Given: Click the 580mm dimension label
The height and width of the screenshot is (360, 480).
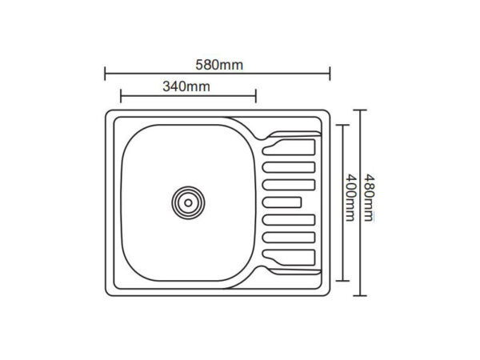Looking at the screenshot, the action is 219,66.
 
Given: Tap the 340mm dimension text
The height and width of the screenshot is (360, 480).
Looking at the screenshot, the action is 186,86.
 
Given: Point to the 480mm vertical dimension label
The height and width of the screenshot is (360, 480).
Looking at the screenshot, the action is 369,198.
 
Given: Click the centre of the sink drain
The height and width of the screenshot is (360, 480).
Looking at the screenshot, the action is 188,202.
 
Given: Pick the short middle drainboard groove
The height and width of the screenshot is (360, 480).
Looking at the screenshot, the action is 282,202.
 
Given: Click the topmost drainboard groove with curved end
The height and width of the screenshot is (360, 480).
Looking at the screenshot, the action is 289,147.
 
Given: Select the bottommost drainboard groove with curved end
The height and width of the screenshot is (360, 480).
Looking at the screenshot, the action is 289,258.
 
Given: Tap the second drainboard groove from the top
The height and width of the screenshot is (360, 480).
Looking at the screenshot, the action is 289,167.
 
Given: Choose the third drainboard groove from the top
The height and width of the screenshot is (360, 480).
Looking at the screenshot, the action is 289,185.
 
